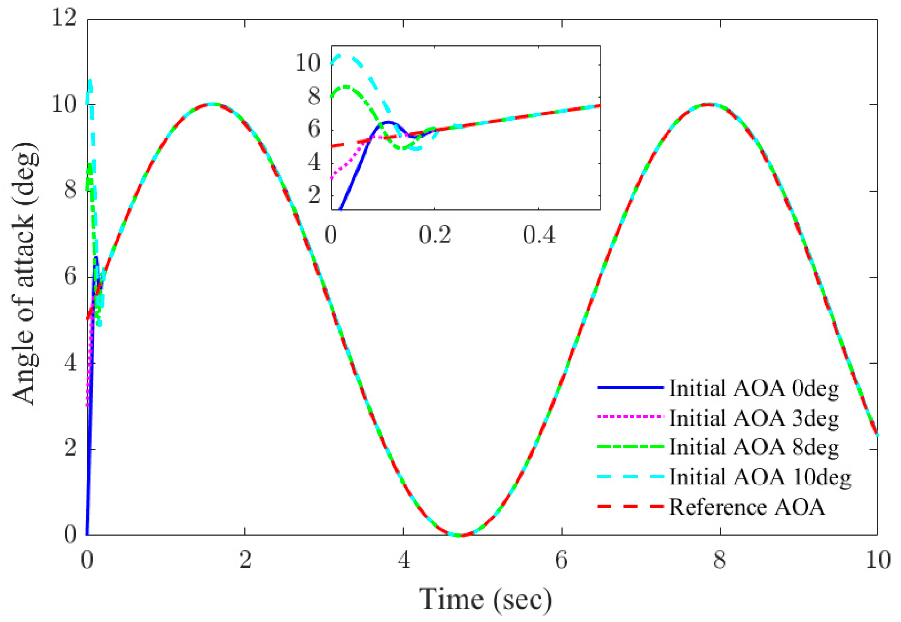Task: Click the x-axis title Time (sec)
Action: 485,600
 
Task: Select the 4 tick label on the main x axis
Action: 404,560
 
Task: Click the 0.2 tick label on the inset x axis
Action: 434,235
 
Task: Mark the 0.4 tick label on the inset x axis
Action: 539,235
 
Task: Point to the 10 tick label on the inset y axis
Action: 307,63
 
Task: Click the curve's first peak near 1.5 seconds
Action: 211,104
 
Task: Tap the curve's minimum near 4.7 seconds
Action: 459,535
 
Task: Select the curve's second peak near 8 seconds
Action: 708,104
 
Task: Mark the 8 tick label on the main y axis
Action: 70,190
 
